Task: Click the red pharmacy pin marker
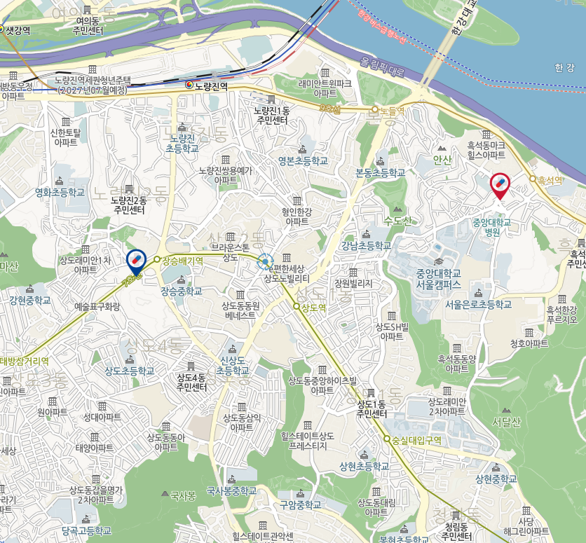pyautogui.click(x=500, y=184)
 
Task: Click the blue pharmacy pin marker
pyautogui.click(x=135, y=261)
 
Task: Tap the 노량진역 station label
pyautogui.click(x=212, y=85)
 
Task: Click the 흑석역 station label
pyautogui.click(x=550, y=180)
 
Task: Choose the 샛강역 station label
pyautogui.click(x=17, y=30)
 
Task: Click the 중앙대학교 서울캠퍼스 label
pyautogui.click(x=439, y=279)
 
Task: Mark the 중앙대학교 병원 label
pyautogui.click(x=491, y=228)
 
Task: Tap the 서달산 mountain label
pyautogui.click(x=506, y=421)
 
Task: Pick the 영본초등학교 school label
pyautogui.click(x=302, y=160)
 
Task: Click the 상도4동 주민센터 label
pyautogui.click(x=191, y=382)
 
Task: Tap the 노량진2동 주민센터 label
pyautogui.click(x=128, y=205)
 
